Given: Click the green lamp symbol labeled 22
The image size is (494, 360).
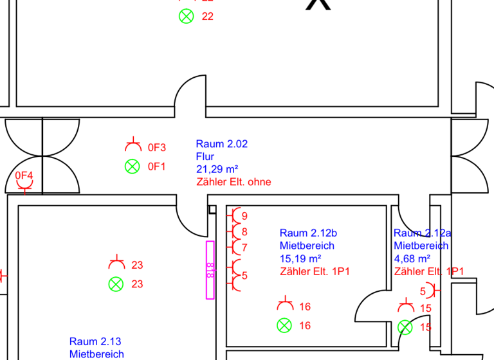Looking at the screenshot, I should (186, 17).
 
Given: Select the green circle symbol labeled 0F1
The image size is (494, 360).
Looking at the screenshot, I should (132, 166).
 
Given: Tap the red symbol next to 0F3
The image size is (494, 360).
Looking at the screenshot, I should (133, 145).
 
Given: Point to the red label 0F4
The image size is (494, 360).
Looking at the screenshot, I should (24, 175).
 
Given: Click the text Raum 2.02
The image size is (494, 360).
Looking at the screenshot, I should (221, 144).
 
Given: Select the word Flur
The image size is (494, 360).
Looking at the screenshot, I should (205, 156).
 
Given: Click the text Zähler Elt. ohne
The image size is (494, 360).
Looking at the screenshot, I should (233, 182).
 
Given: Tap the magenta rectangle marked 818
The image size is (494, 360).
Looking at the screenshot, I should (210, 269).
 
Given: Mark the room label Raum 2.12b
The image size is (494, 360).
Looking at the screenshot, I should (307, 233).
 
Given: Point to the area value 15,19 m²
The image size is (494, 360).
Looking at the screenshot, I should (300, 258).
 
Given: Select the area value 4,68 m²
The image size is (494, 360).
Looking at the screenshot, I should (412, 258).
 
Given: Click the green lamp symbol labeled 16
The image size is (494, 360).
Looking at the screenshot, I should (284, 325).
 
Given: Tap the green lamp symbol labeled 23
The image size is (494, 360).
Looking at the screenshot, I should (116, 284).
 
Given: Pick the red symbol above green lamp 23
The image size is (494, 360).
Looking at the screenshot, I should (116, 263).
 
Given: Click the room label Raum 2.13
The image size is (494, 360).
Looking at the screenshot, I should (95, 341).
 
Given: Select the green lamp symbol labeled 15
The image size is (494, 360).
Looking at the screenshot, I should (405, 327).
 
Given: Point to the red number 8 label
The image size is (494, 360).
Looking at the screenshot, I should (244, 231).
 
